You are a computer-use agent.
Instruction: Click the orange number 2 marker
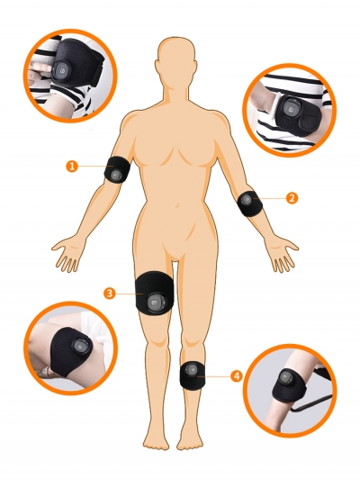coord(291,196)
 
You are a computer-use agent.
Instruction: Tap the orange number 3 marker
coord(109,293)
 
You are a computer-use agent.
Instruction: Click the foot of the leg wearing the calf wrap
coord(191,439)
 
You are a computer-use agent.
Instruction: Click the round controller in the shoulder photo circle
coord(61,71)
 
